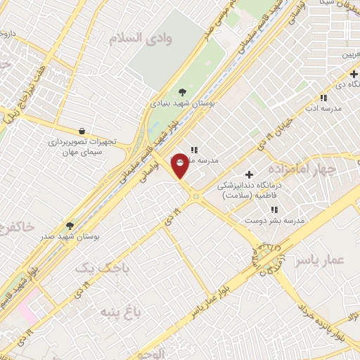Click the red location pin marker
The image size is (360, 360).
tap(180, 165)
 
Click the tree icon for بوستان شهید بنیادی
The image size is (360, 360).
tap(183, 91)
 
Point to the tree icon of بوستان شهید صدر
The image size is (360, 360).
tap(70, 226)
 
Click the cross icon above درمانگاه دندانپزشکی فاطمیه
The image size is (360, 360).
tap(248, 174)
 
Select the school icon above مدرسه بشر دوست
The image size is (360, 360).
tap(274, 210)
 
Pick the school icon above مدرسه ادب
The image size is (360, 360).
tap(323, 98)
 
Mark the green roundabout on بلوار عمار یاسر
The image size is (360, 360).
tap(267, 260)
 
